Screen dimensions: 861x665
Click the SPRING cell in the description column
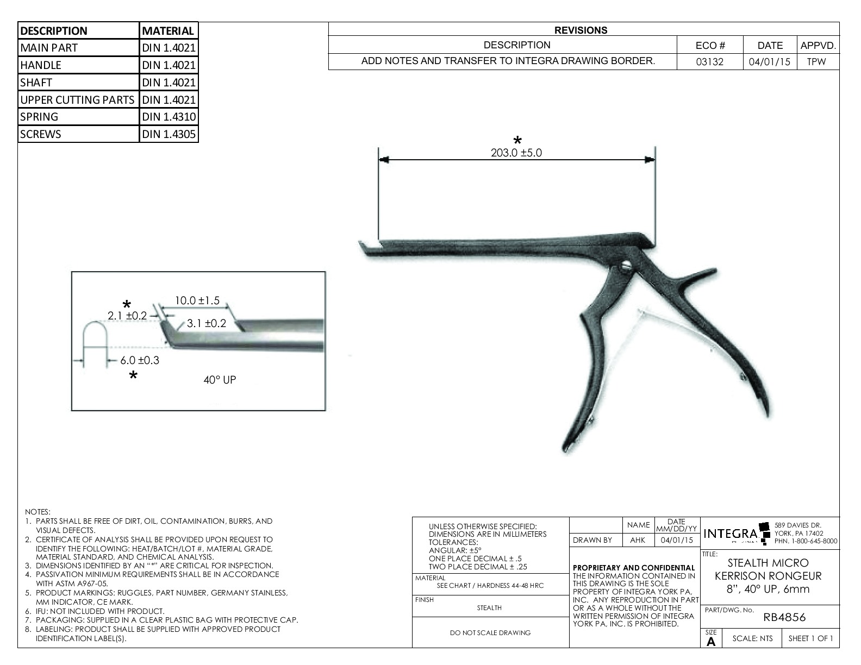pyautogui.click(x=78, y=117)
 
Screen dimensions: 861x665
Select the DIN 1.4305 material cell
pyautogui.click(x=169, y=134)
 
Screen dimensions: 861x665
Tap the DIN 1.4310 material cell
pyautogui.click(x=169, y=117)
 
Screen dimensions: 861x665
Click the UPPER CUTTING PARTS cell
pyautogui.click(x=78, y=99)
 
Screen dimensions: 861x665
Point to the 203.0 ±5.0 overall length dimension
pyautogui.click(x=516, y=153)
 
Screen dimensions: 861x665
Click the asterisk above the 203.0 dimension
pyautogui.click(x=517, y=141)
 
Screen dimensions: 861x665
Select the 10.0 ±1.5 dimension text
pyautogui.click(x=197, y=300)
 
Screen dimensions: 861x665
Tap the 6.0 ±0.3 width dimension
pyautogui.click(x=140, y=360)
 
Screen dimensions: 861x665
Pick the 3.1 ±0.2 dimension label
pyautogui.click(x=207, y=323)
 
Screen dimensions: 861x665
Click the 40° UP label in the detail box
pyautogui.click(x=220, y=380)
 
